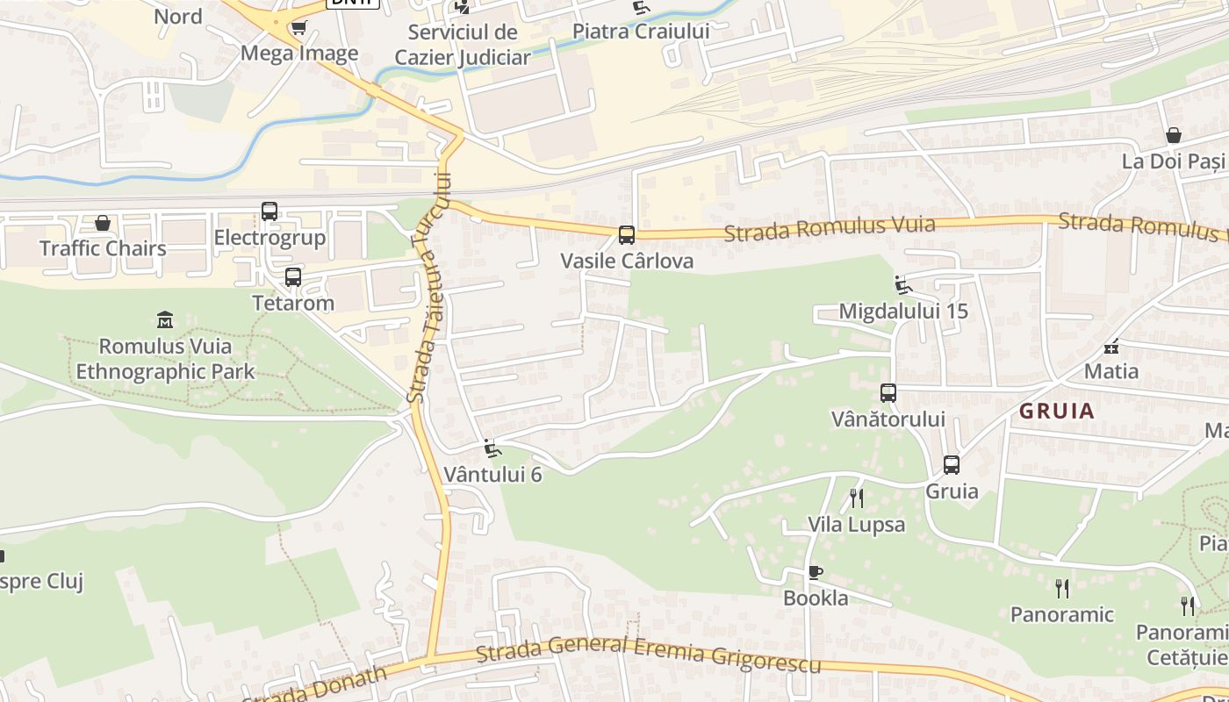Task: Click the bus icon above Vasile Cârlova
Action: (626, 235)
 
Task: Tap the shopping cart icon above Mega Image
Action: (298, 28)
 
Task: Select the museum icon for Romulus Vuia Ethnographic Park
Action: (165, 319)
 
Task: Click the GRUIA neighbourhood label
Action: (1057, 411)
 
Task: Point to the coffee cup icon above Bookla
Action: (816, 573)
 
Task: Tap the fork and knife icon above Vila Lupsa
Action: (857, 498)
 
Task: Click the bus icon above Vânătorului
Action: (888, 393)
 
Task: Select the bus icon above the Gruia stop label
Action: (952, 465)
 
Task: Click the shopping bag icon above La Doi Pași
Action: (1174, 135)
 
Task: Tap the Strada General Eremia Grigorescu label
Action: (649, 655)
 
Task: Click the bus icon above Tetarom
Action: (293, 277)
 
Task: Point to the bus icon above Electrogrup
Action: (270, 211)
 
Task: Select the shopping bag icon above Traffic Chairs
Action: (103, 223)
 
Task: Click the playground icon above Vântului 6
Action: (492, 448)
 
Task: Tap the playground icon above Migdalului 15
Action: (902, 284)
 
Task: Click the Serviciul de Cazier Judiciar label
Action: (463, 45)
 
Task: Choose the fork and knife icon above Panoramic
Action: (1062, 588)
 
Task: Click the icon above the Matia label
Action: (1111, 345)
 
